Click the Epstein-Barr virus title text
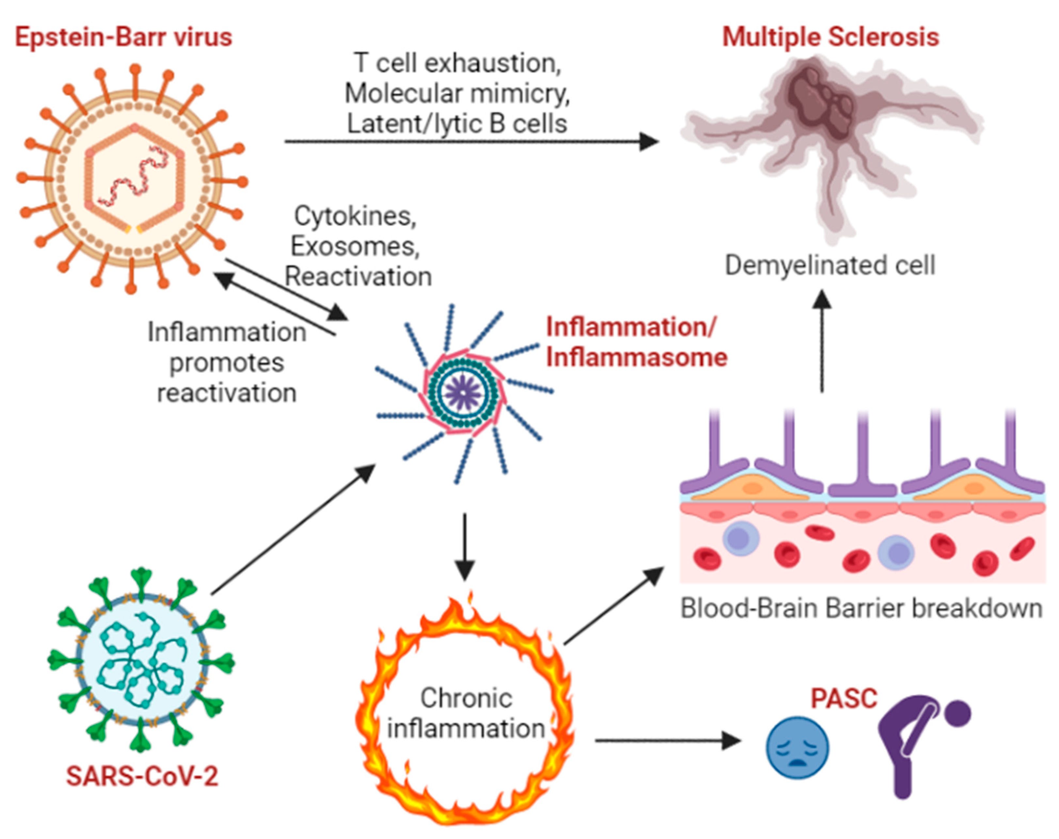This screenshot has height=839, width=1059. click(123, 37)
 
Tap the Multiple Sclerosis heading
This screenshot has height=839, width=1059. click(830, 37)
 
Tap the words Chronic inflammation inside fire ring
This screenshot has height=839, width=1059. click(466, 713)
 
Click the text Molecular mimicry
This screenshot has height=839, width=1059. click(457, 93)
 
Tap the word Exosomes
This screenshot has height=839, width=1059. click(355, 246)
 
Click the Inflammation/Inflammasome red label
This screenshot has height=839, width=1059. click(636, 342)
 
